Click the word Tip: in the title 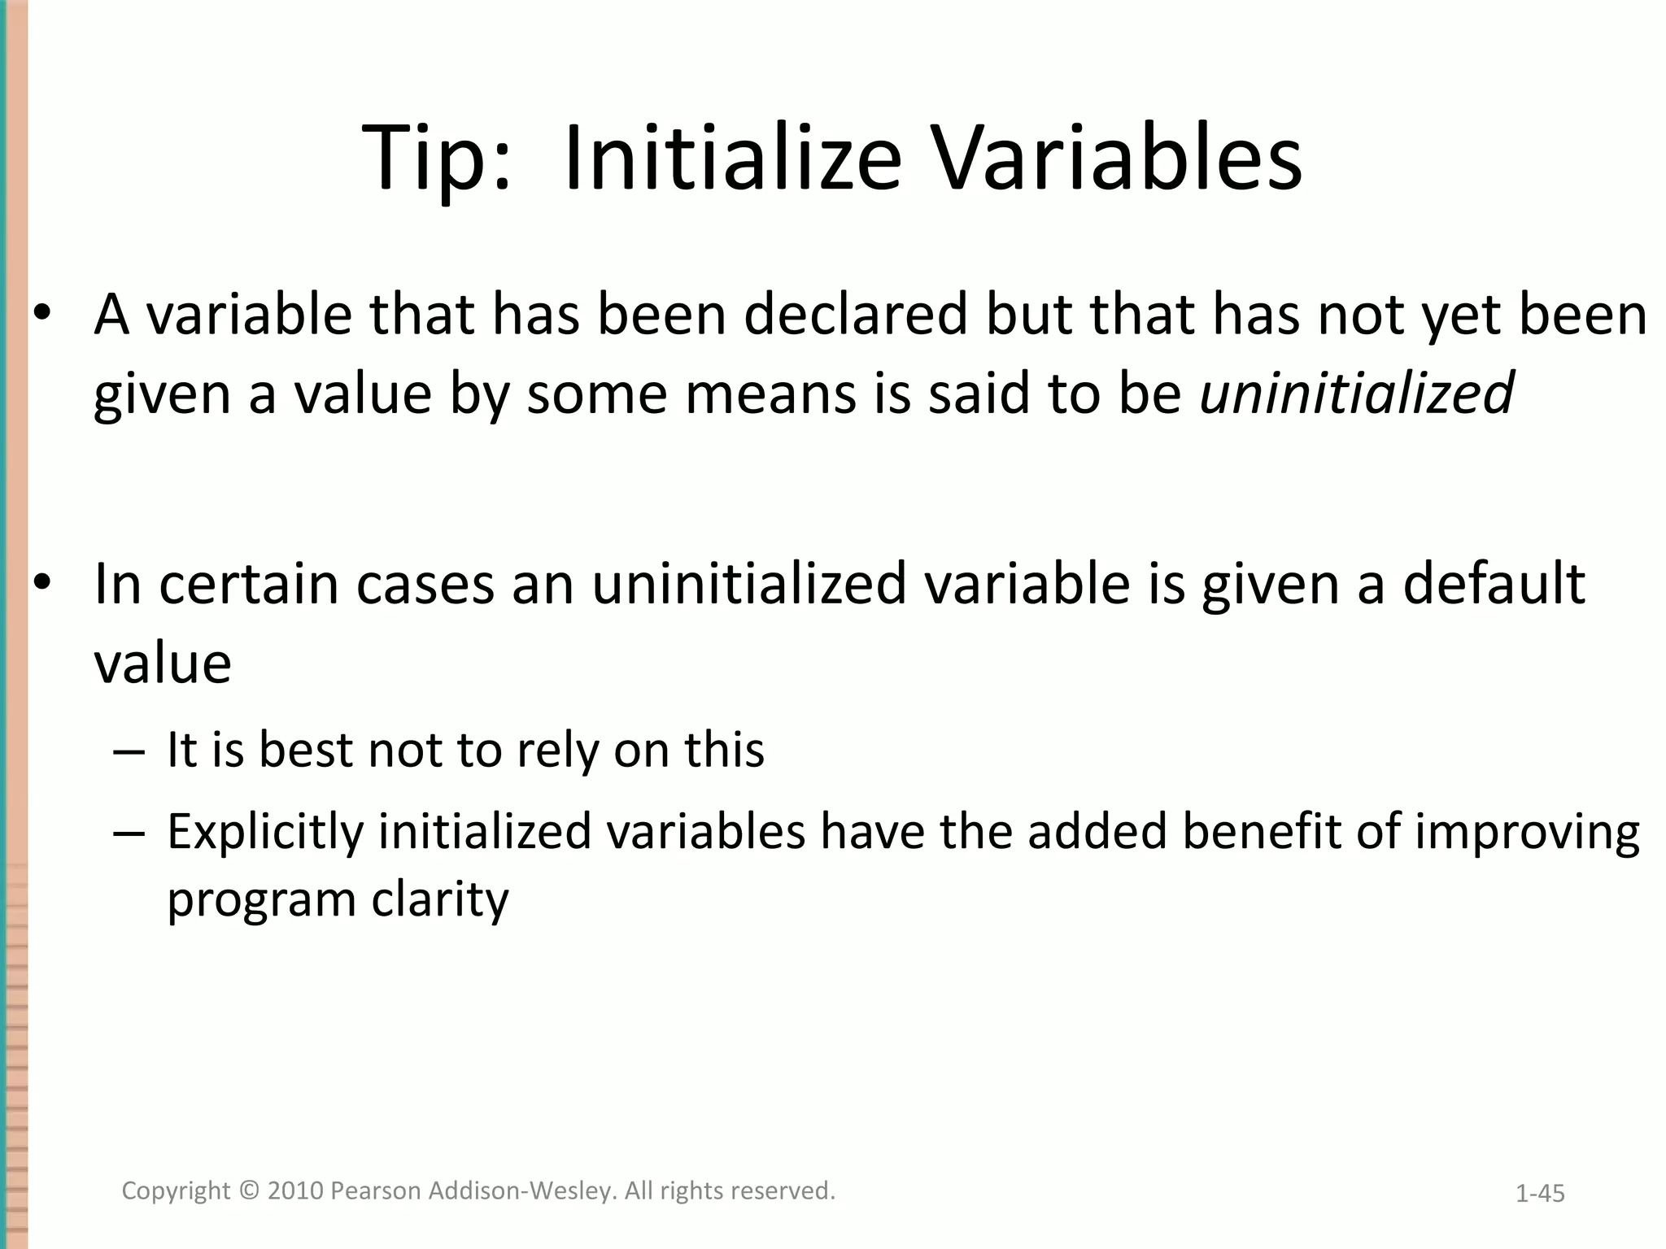pyautogui.click(x=436, y=159)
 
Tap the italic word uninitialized pyautogui.click(x=1357, y=393)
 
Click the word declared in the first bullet pyautogui.click(x=856, y=315)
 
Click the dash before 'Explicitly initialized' pyautogui.click(x=129, y=833)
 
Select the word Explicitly pyautogui.click(x=265, y=833)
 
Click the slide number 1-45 pyautogui.click(x=1540, y=1194)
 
